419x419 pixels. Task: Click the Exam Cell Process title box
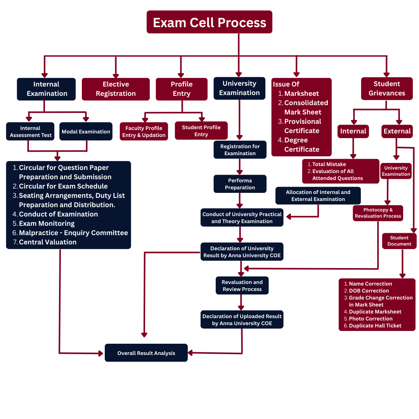click(x=209, y=22)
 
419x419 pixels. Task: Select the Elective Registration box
click(x=116, y=89)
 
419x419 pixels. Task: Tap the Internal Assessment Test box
click(x=30, y=132)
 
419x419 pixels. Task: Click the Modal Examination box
click(x=86, y=132)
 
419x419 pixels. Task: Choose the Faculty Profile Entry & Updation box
click(x=144, y=132)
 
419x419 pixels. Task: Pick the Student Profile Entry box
click(x=201, y=131)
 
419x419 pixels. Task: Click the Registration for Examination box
click(x=240, y=150)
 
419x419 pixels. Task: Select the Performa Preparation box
click(x=240, y=184)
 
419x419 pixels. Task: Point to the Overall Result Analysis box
click(x=146, y=353)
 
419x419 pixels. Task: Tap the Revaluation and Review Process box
click(x=242, y=286)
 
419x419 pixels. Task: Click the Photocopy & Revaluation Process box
click(x=378, y=213)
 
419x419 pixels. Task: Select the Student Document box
click(x=399, y=241)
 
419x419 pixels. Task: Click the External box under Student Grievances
click(x=397, y=131)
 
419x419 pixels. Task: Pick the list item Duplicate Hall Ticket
click(x=375, y=326)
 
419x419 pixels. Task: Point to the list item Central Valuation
click(x=47, y=242)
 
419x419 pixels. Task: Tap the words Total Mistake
click(x=329, y=164)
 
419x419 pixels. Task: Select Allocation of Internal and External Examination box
click(x=318, y=196)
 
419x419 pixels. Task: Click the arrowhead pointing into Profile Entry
click(x=181, y=74)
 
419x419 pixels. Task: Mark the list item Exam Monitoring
click(x=47, y=223)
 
